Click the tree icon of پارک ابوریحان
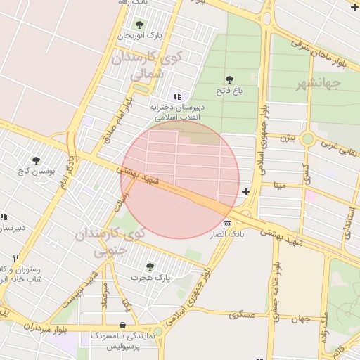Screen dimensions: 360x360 (x=139, y=25)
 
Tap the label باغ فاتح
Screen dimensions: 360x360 (x=229, y=90)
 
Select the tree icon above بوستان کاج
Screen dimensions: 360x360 (x=37, y=161)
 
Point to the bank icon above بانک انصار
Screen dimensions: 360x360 (x=227, y=224)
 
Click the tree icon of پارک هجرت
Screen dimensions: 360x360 (x=150, y=266)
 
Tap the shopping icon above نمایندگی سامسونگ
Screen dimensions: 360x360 (x=124, y=326)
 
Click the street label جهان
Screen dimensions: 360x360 (x=301, y=319)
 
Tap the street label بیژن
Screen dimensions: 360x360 (x=288, y=138)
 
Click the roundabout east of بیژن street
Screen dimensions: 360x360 (x=307, y=139)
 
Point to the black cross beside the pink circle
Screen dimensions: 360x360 (x=245, y=191)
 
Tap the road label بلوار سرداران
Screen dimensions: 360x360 (x=30, y=326)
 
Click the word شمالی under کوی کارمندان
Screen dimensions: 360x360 (x=147, y=72)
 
